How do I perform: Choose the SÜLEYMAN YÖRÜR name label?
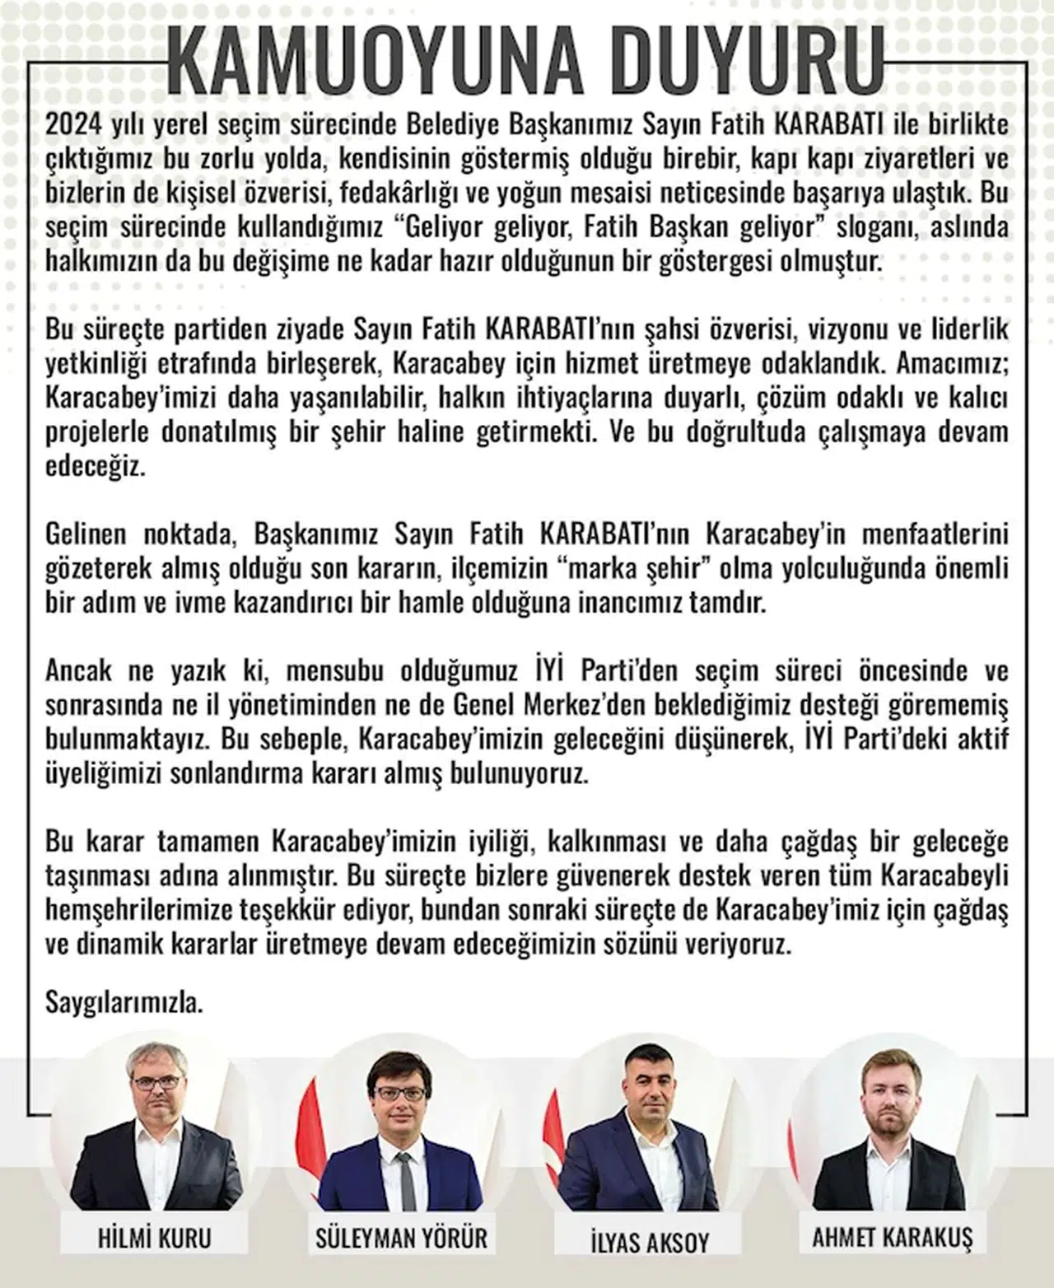402,1238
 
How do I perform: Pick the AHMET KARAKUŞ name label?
893,1238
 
